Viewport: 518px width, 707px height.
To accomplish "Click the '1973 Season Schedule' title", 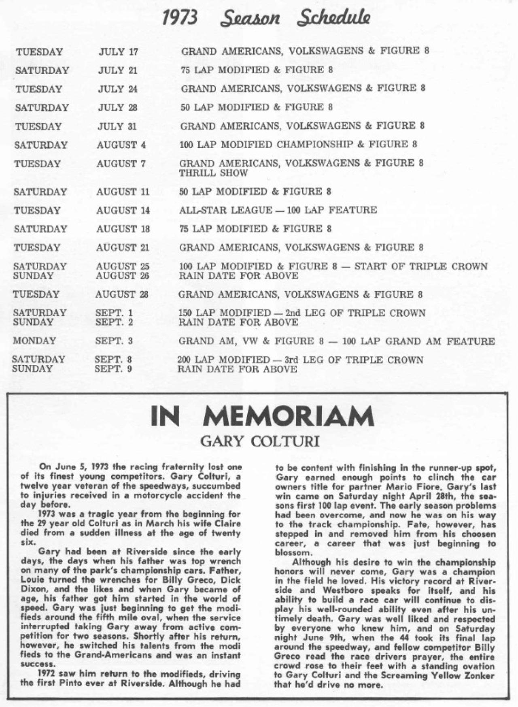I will coord(266,18).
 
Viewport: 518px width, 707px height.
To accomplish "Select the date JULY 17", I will coord(118,52).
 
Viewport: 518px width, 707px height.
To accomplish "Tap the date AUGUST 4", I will coord(121,145).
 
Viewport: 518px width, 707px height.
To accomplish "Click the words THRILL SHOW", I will coord(213,173).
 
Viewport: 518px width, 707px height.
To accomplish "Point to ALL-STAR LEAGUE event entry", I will coord(278,210).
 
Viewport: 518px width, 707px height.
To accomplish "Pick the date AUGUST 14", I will coord(123,211).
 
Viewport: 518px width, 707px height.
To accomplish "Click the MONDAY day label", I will coord(34,341).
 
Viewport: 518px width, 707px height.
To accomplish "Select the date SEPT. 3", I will coord(114,341).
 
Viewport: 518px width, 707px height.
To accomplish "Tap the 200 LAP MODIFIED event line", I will coord(300,360).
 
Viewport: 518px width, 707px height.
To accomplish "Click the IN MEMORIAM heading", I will coord(262,416).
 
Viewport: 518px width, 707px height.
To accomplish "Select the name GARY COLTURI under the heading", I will coord(260,441).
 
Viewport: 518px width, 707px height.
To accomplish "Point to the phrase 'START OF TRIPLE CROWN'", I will coord(421,266).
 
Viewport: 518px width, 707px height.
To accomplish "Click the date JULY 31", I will coord(117,126).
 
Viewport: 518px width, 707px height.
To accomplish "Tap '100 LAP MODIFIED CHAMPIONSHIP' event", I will coord(266,145).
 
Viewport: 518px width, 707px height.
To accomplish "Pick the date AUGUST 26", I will coord(122,276).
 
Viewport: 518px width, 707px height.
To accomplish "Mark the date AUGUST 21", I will coord(123,247).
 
